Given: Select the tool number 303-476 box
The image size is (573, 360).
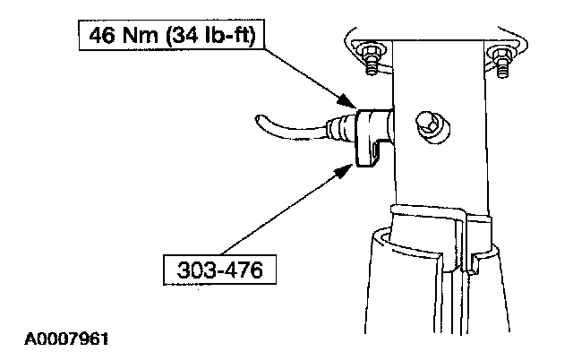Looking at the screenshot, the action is (212, 269).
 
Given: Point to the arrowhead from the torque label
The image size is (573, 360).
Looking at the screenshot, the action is (350, 101).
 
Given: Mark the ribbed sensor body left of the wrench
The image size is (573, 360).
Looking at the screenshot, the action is (343, 126).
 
